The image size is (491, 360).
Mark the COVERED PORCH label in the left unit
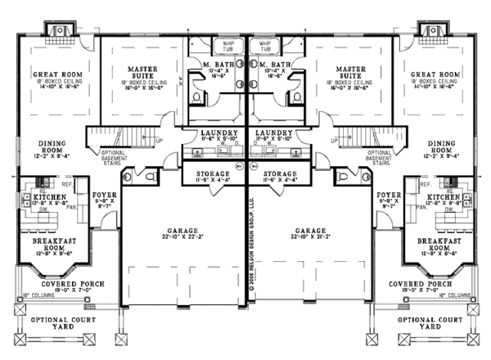(51, 283)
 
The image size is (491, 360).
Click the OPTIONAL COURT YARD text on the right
(436, 323)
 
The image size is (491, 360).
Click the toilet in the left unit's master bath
(197, 96)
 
